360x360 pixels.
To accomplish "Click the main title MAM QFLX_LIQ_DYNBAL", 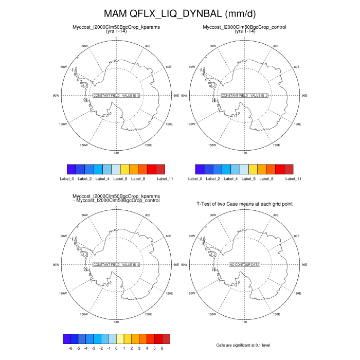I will coord(179,13).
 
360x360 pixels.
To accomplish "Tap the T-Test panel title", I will coord(244,204).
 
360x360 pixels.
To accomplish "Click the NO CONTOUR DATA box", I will coord(244,264).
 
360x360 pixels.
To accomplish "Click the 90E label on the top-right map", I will coord(304,96).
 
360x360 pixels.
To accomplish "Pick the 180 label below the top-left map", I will coord(116,153).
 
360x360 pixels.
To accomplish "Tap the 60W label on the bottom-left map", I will coord(64,236).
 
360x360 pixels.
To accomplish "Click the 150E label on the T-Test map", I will coord(276,314).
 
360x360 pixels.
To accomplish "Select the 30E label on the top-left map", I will coord(148,46).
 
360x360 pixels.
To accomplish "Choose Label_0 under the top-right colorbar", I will coord(195,178).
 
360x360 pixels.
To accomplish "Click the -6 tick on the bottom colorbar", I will coord(70,348).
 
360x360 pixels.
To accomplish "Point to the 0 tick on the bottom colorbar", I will coord(116,348).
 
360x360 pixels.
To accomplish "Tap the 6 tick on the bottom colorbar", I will coord(162,348).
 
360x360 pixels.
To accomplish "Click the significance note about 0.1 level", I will coord(244,345).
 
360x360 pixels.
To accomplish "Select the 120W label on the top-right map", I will coord(190,124).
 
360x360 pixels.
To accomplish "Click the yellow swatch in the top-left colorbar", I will coord(124,169).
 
